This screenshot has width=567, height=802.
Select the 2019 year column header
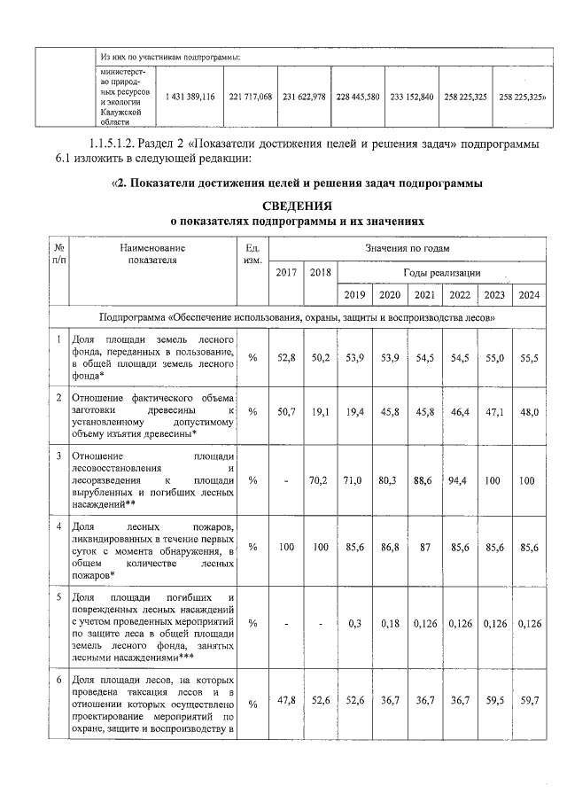[x=353, y=295]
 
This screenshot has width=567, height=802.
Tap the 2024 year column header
[x=529, y=295]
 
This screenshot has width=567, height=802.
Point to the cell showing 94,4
[x=459, y=480]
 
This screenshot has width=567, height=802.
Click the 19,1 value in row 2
[x=319, y=412]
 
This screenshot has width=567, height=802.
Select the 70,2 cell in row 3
[x=319, y=480]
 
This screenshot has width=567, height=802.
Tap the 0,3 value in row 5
[x=353, y=624]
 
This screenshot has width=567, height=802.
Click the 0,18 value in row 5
[x=389, y=624]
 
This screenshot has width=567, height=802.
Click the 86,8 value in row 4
[x=389, y=549]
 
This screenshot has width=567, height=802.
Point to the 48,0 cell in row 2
[x=529, y=412]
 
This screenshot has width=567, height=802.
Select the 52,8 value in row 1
[x=285, y=357]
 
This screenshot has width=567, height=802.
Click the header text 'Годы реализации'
[x=441, y=272]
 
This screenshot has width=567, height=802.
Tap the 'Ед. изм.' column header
[x=252, y=255]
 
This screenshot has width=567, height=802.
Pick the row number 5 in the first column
[x=58, y=597]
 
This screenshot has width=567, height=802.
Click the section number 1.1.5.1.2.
[x=123, y=144]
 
